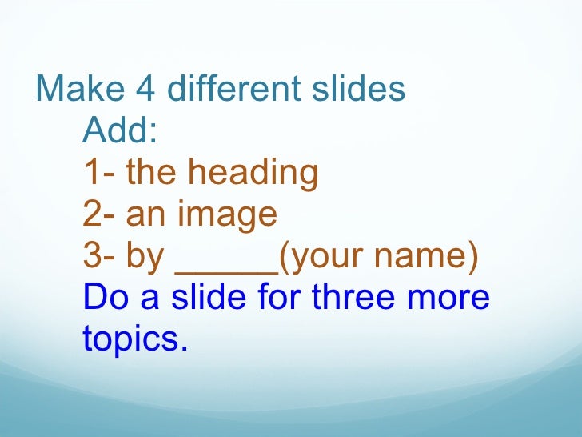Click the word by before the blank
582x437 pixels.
[145, 257]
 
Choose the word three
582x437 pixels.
[352, 298]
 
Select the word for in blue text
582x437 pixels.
[280, 298]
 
